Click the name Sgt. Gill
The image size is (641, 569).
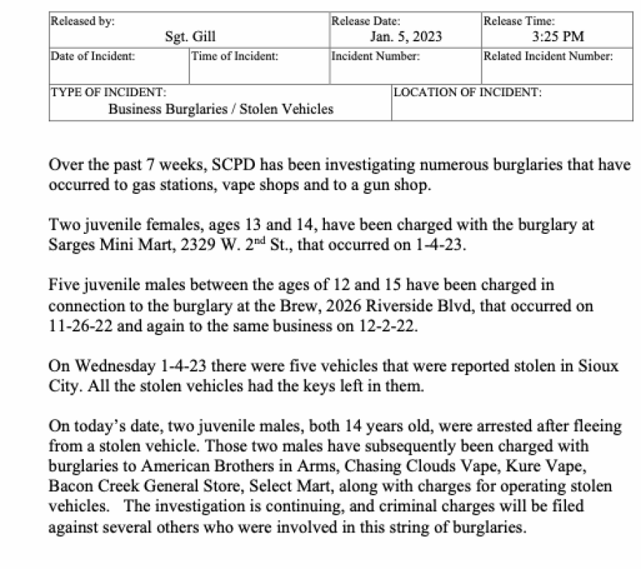pos(190,37)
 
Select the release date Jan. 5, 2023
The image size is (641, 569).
pos(406,37)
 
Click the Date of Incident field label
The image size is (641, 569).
pos(92,56)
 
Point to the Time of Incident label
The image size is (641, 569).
pos(234,56)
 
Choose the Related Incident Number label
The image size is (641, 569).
pos(548,56)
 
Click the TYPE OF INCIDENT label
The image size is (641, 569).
pos(108,93)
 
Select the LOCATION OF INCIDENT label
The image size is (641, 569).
pos(467,93)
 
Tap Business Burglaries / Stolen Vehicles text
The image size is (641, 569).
pos(221,109)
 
